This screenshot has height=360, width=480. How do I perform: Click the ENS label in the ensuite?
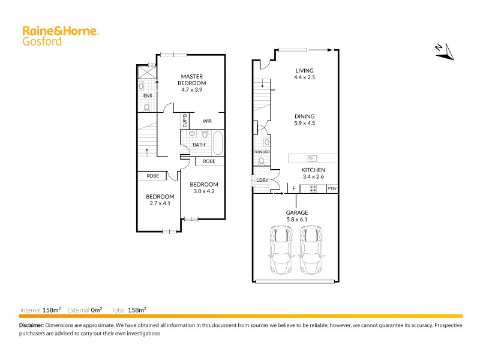[x=147, y=95]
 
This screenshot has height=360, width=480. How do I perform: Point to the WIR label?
[x=207, y=121]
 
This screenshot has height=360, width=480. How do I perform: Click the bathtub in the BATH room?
[x=217, y=145]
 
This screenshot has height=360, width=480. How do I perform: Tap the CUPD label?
[x=185, y=121]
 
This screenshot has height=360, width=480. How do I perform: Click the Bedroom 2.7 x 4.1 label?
[x=160, y=200]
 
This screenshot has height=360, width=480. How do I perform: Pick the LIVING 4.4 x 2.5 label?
[x=304, y=74]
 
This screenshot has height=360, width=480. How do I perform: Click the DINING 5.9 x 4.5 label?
[x=304, y=120]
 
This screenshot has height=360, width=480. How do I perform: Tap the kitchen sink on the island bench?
[x=311, y=158]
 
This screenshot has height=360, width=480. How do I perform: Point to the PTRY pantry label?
[x=332, y=190]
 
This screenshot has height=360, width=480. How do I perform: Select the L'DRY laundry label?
[x=262, y=181]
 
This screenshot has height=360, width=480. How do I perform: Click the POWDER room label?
[x=262, y=152]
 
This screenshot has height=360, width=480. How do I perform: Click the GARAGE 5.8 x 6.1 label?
[x=296, y=217]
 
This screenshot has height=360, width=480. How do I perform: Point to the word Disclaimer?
[x=31, y=325]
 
